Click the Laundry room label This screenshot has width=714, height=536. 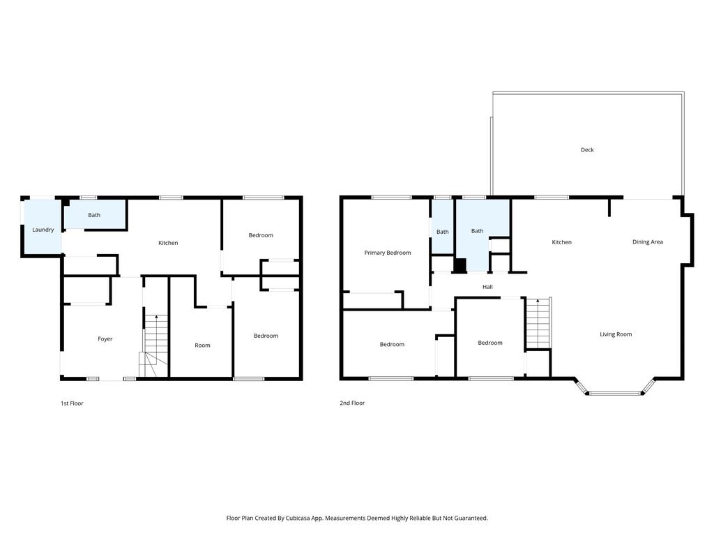coord(43,230)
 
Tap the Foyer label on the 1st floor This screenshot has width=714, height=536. coord(105,339)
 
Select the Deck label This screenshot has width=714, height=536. coord(587,150)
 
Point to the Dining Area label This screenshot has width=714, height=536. coord(647,242)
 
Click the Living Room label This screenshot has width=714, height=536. coord(616,334)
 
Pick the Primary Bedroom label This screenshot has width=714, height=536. coord(388,253)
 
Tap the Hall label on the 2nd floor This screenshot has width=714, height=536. coord(487,287)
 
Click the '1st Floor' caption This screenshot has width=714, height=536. coord(72,403)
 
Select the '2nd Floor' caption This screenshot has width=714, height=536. coord(352,403)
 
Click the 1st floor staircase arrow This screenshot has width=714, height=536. coord(156,318)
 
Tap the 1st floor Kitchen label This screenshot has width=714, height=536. coord(168,243)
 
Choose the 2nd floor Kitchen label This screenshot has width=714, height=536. coord(561,242)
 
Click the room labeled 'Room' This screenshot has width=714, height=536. coord(202,345)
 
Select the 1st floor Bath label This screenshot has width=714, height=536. coord(94,215)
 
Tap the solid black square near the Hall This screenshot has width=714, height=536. coord(460,265)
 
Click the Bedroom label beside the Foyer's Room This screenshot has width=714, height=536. coord(266,336)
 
